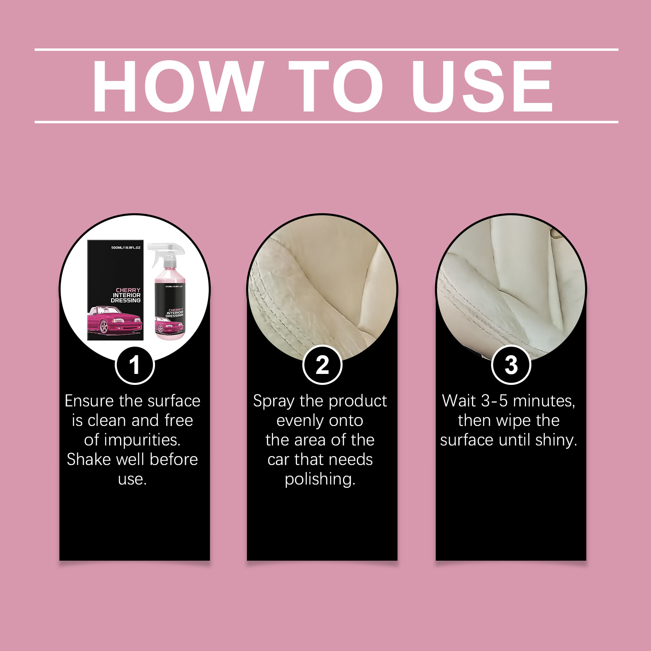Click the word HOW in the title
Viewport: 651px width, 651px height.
[x=177, y=86]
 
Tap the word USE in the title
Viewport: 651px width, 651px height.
[x=483, y=86]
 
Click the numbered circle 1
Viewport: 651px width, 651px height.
[x=135, y=365]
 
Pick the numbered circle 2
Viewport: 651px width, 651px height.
[x=322, y=365]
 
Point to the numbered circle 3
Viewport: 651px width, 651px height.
[x=511, y=365]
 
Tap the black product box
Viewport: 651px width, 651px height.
[x=116, y=290]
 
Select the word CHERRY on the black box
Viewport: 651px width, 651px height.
[x=128, y=290]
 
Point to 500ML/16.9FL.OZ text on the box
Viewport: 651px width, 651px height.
[x=126, y=247]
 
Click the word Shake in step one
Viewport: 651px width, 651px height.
[x=89, y=459]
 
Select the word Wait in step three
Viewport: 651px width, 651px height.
[x=459, y=401]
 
